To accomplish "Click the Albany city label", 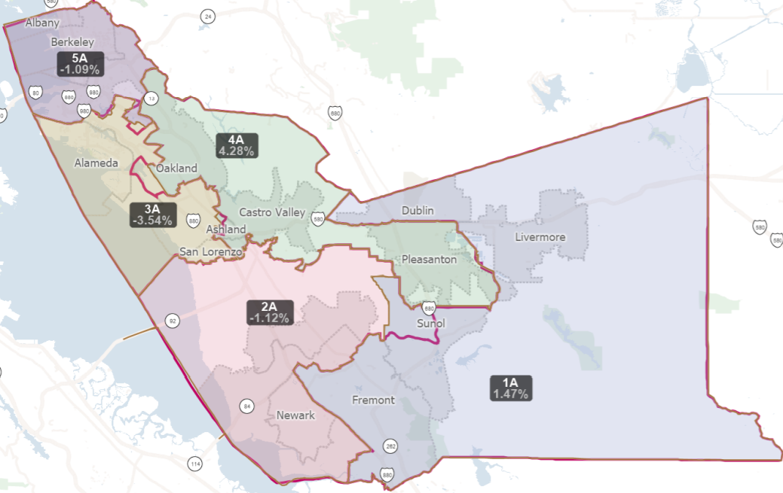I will (42, 23).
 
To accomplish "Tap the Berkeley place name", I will (72, 42).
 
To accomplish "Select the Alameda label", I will (96, 163).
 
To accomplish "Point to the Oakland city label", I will (176, 168).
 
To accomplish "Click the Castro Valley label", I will (272, 212).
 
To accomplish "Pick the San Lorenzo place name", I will (210, 251).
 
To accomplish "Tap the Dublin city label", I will (417, 211).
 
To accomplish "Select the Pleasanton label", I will (429, 259).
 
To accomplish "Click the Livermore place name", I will (540, 237).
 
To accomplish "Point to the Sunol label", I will (431, 324).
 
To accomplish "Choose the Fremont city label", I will (373, 400).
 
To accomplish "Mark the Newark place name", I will (295, 415).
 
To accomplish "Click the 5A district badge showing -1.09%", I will (79, 64).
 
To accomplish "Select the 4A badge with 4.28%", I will (237, 145).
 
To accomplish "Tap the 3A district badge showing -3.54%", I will (152, 215).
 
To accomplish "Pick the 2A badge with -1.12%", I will (269, 312).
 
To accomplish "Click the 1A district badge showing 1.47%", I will (511, 388).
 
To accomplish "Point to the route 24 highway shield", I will (207, 16).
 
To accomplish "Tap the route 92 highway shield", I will (173, 321).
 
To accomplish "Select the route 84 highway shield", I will (246, 406).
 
